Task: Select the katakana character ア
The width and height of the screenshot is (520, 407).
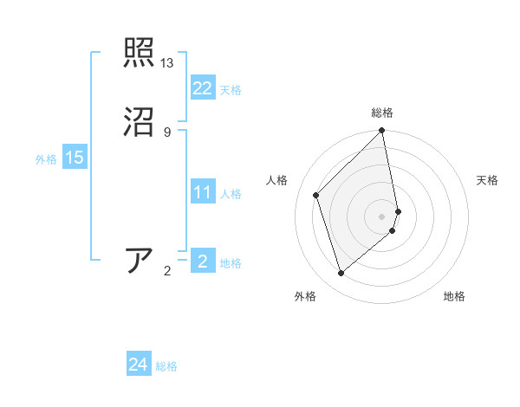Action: pos(140,261)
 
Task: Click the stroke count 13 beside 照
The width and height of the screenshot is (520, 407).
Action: pos(167,63)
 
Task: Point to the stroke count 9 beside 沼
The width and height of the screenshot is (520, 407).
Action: pos(167,132)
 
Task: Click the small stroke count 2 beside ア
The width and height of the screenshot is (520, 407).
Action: pos(167,271)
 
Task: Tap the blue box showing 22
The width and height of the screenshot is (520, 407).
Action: pos(202,88)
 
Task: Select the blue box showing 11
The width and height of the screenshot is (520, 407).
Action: pos(202,192)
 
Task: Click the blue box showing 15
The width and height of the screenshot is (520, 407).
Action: pos(75,158)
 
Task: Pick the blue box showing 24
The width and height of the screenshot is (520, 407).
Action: pos(139,365)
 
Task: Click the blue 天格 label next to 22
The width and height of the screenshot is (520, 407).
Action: pos(231,90)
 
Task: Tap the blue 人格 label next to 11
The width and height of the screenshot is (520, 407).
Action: pos(231,194)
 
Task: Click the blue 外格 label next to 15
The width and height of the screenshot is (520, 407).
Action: pos(46,159)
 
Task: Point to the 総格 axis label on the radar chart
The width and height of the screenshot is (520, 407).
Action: pos(382,113)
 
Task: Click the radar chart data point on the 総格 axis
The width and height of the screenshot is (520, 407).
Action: pos(382,132)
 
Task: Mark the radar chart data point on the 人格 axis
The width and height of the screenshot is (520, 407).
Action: pos(316,195)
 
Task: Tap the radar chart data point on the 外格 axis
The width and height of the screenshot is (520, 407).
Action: pos(341,274)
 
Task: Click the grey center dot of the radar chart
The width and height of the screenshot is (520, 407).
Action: pos(382,216)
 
